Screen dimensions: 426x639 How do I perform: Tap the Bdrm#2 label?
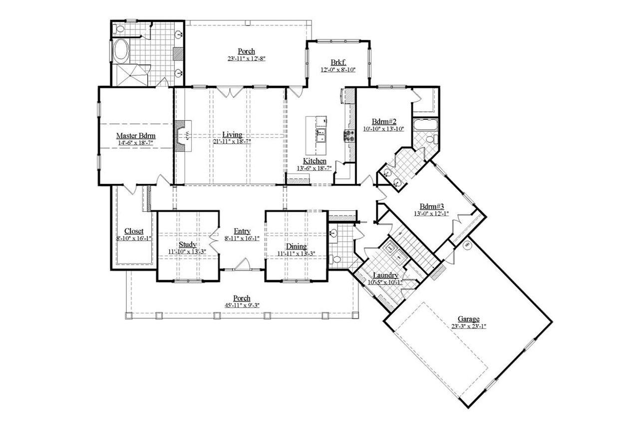(x=384, y=121)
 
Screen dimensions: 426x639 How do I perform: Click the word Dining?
(x=296, y=247)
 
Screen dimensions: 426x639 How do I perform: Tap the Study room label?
(x=188, y=244)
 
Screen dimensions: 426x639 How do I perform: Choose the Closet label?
(x=134, y=231)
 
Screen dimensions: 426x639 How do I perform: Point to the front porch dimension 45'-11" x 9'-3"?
(x=241, y=305)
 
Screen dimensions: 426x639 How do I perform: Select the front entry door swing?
(x=243, y=264)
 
